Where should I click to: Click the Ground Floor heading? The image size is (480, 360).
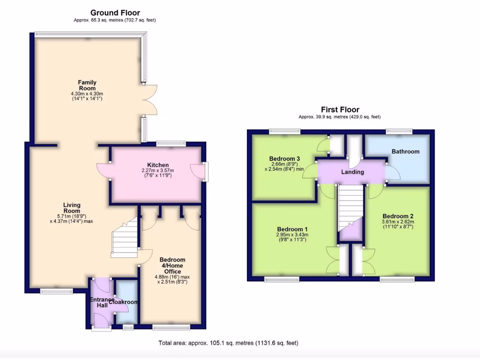(x=115, y=13)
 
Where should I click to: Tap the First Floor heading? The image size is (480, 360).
(x=340, y=110)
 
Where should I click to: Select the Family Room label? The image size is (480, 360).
(x=87, y=85)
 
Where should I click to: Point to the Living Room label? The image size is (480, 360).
(x=72, y=208)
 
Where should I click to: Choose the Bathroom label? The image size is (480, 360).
(x=405, y=151)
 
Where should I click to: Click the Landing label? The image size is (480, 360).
(x=352, y=172)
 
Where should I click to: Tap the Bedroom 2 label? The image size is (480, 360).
(x=398, y=216)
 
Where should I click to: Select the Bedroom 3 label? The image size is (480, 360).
(x=284, y=158)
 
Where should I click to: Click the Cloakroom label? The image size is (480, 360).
(x=126, y=302)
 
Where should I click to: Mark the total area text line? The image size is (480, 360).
(x=228, y=343)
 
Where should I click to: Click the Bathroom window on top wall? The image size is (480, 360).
(x=396, y=131)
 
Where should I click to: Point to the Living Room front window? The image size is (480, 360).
(x=56, y=291)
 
